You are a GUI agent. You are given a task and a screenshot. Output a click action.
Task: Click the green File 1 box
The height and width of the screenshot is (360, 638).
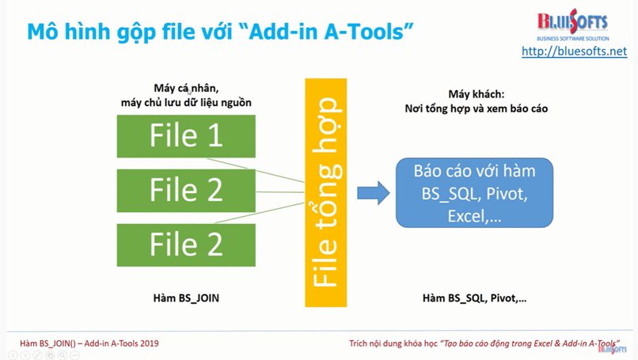(186, 136)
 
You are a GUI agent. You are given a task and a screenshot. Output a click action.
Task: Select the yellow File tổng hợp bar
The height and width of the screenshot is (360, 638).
(326, 192)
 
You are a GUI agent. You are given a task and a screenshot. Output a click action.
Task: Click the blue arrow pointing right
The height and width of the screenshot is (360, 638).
(374, 193)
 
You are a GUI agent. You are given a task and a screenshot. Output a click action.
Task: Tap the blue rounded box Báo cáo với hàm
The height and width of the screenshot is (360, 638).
(474, 193)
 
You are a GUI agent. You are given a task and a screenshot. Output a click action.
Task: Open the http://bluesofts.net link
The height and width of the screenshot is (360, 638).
(574, 51)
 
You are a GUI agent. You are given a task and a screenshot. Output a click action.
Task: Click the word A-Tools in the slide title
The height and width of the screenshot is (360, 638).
(364, 32)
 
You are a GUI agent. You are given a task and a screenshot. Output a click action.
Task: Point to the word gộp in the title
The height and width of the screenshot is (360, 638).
(136, 32)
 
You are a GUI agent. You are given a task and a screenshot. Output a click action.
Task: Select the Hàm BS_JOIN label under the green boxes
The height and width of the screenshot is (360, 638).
(186, 298)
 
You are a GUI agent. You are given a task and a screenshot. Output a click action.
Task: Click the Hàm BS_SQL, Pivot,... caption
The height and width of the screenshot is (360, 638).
(474, 298)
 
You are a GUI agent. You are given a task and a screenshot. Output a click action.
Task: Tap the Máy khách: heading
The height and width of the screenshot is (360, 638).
(476, 94)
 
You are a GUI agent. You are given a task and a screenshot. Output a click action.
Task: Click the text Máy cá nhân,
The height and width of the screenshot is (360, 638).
(186, 88)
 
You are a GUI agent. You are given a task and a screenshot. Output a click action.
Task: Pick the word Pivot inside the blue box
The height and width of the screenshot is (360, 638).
(507, 194)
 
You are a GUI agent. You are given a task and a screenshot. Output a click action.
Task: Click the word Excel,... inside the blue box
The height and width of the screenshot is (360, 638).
(474, 217)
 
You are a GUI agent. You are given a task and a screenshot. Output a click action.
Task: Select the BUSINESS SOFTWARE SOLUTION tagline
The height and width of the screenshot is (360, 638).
(573, 39)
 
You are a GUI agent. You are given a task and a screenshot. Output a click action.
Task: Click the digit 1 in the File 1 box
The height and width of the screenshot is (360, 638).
(215, 135)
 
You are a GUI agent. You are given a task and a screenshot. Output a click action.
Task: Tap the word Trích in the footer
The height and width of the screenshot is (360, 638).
(358, 343)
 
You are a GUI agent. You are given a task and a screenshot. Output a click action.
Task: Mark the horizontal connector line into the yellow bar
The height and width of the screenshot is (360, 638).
(280, 192)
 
